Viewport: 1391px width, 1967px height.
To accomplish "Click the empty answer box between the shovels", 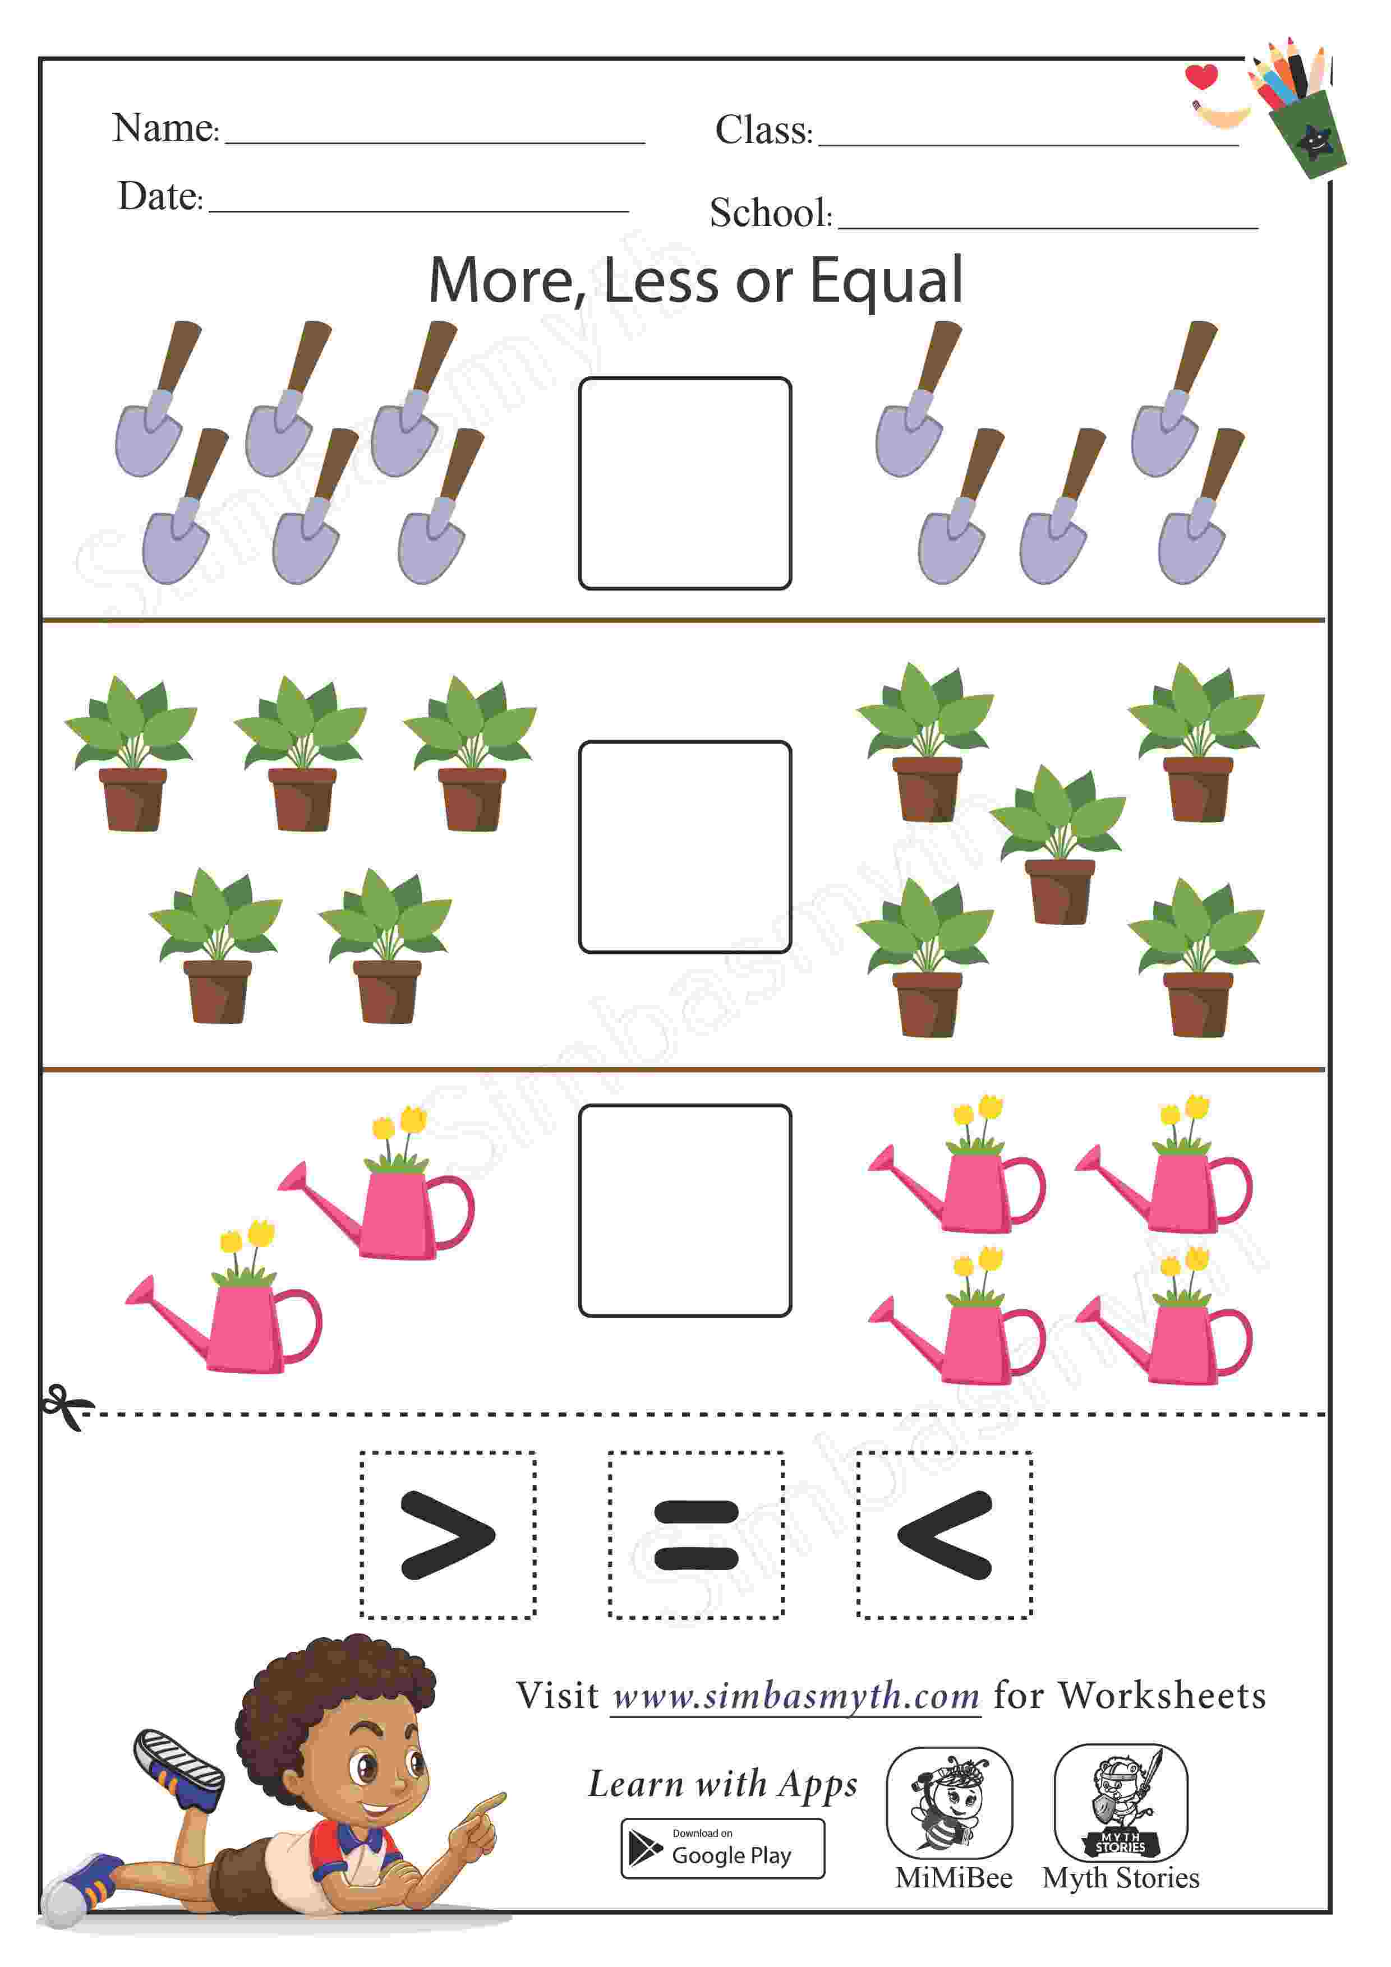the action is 685,483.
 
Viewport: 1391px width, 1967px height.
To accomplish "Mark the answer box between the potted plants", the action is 685,847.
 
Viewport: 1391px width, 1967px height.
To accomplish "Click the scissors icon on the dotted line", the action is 67,1407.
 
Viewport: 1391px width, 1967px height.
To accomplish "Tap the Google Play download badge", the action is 722,1849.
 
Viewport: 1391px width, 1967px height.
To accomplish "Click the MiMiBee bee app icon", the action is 950,1803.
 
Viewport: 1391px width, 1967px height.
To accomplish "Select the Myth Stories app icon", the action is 1120,1803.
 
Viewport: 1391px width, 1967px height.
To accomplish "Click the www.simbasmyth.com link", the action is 796,1696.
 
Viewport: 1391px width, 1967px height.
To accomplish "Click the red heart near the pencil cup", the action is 1201,76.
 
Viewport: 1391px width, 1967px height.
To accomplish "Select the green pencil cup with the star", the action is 1307,133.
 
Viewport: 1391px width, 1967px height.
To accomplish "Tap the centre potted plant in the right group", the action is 1060,844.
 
